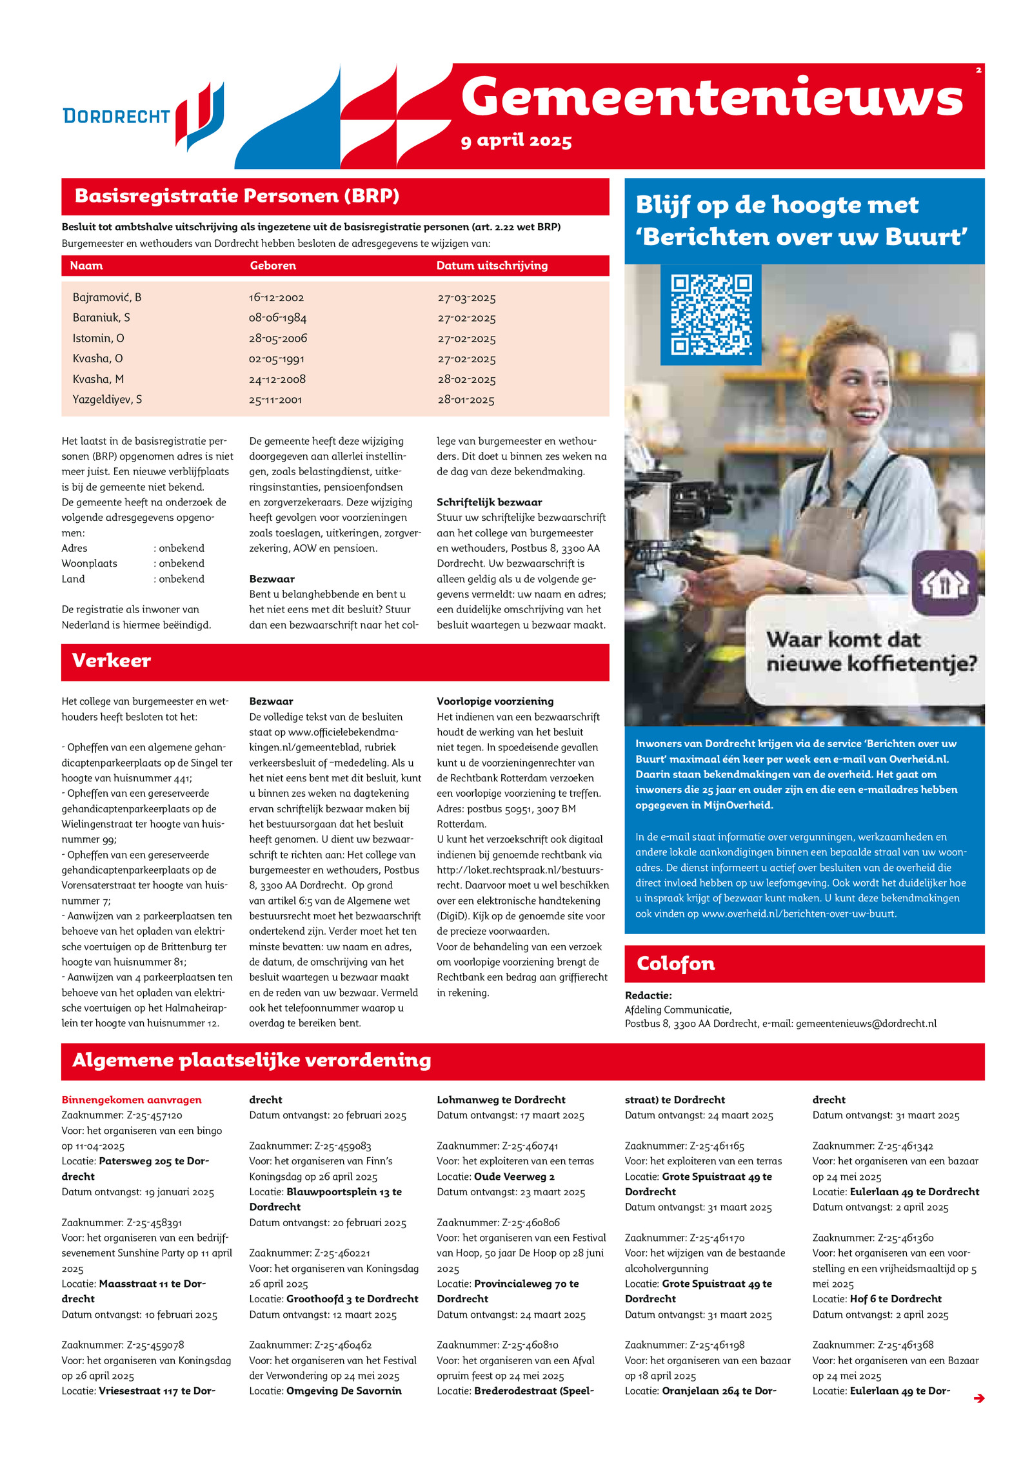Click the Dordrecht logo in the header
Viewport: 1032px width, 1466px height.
143,116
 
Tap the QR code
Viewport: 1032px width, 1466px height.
711,315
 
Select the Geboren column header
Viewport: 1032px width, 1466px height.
273,266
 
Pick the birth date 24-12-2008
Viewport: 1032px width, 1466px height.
277,379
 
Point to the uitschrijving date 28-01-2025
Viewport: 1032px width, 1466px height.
466,400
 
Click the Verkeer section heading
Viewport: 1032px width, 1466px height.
112,661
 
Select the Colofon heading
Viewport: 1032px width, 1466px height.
675,963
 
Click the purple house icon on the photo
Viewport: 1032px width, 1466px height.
944,583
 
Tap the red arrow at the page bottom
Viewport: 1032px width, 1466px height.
978,1398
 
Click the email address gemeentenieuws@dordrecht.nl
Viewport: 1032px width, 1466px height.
866,1023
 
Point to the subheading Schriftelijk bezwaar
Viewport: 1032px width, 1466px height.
489,502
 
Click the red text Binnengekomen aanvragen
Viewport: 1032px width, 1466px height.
132,1099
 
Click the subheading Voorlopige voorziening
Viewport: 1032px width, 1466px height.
495,701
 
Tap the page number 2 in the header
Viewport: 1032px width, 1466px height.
978,70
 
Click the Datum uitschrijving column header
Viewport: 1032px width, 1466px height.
491,266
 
